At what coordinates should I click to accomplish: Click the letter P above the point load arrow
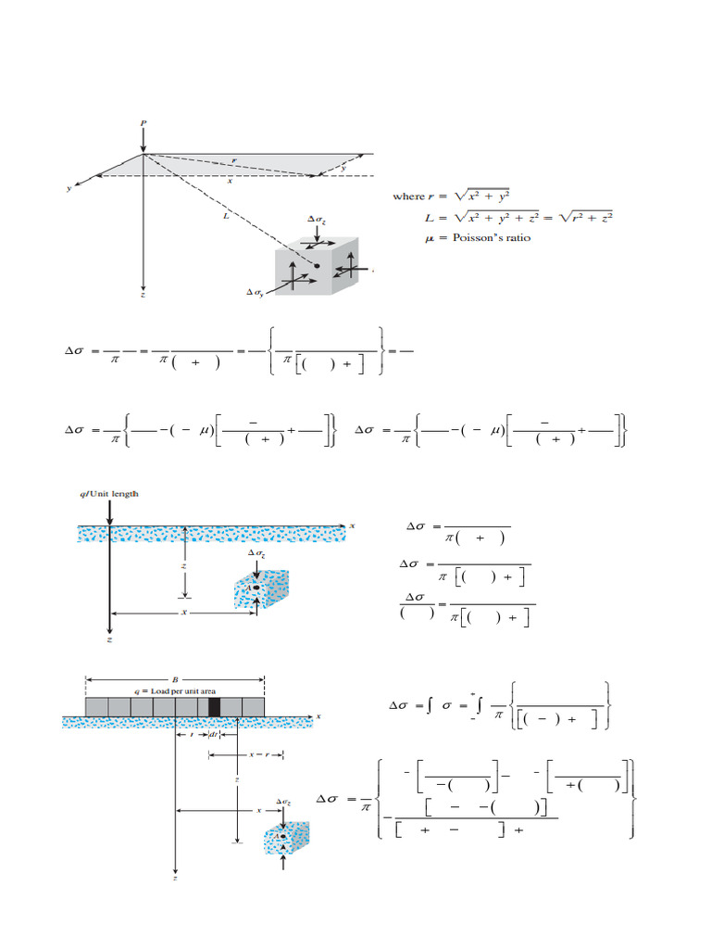tap(143, 121)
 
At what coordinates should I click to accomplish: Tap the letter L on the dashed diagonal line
tap(225, 215)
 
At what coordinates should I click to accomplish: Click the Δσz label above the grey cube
tap(317, 219)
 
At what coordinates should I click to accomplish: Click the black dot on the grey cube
tap(317, 266)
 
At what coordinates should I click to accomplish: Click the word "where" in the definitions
tap(408, 196)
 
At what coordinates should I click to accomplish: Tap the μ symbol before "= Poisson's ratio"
tap(428, 237)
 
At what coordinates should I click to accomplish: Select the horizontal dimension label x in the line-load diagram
tap(184, 613)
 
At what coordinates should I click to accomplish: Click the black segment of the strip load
tap(215, 708)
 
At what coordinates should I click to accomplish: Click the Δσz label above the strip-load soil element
tap(283, 801)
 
